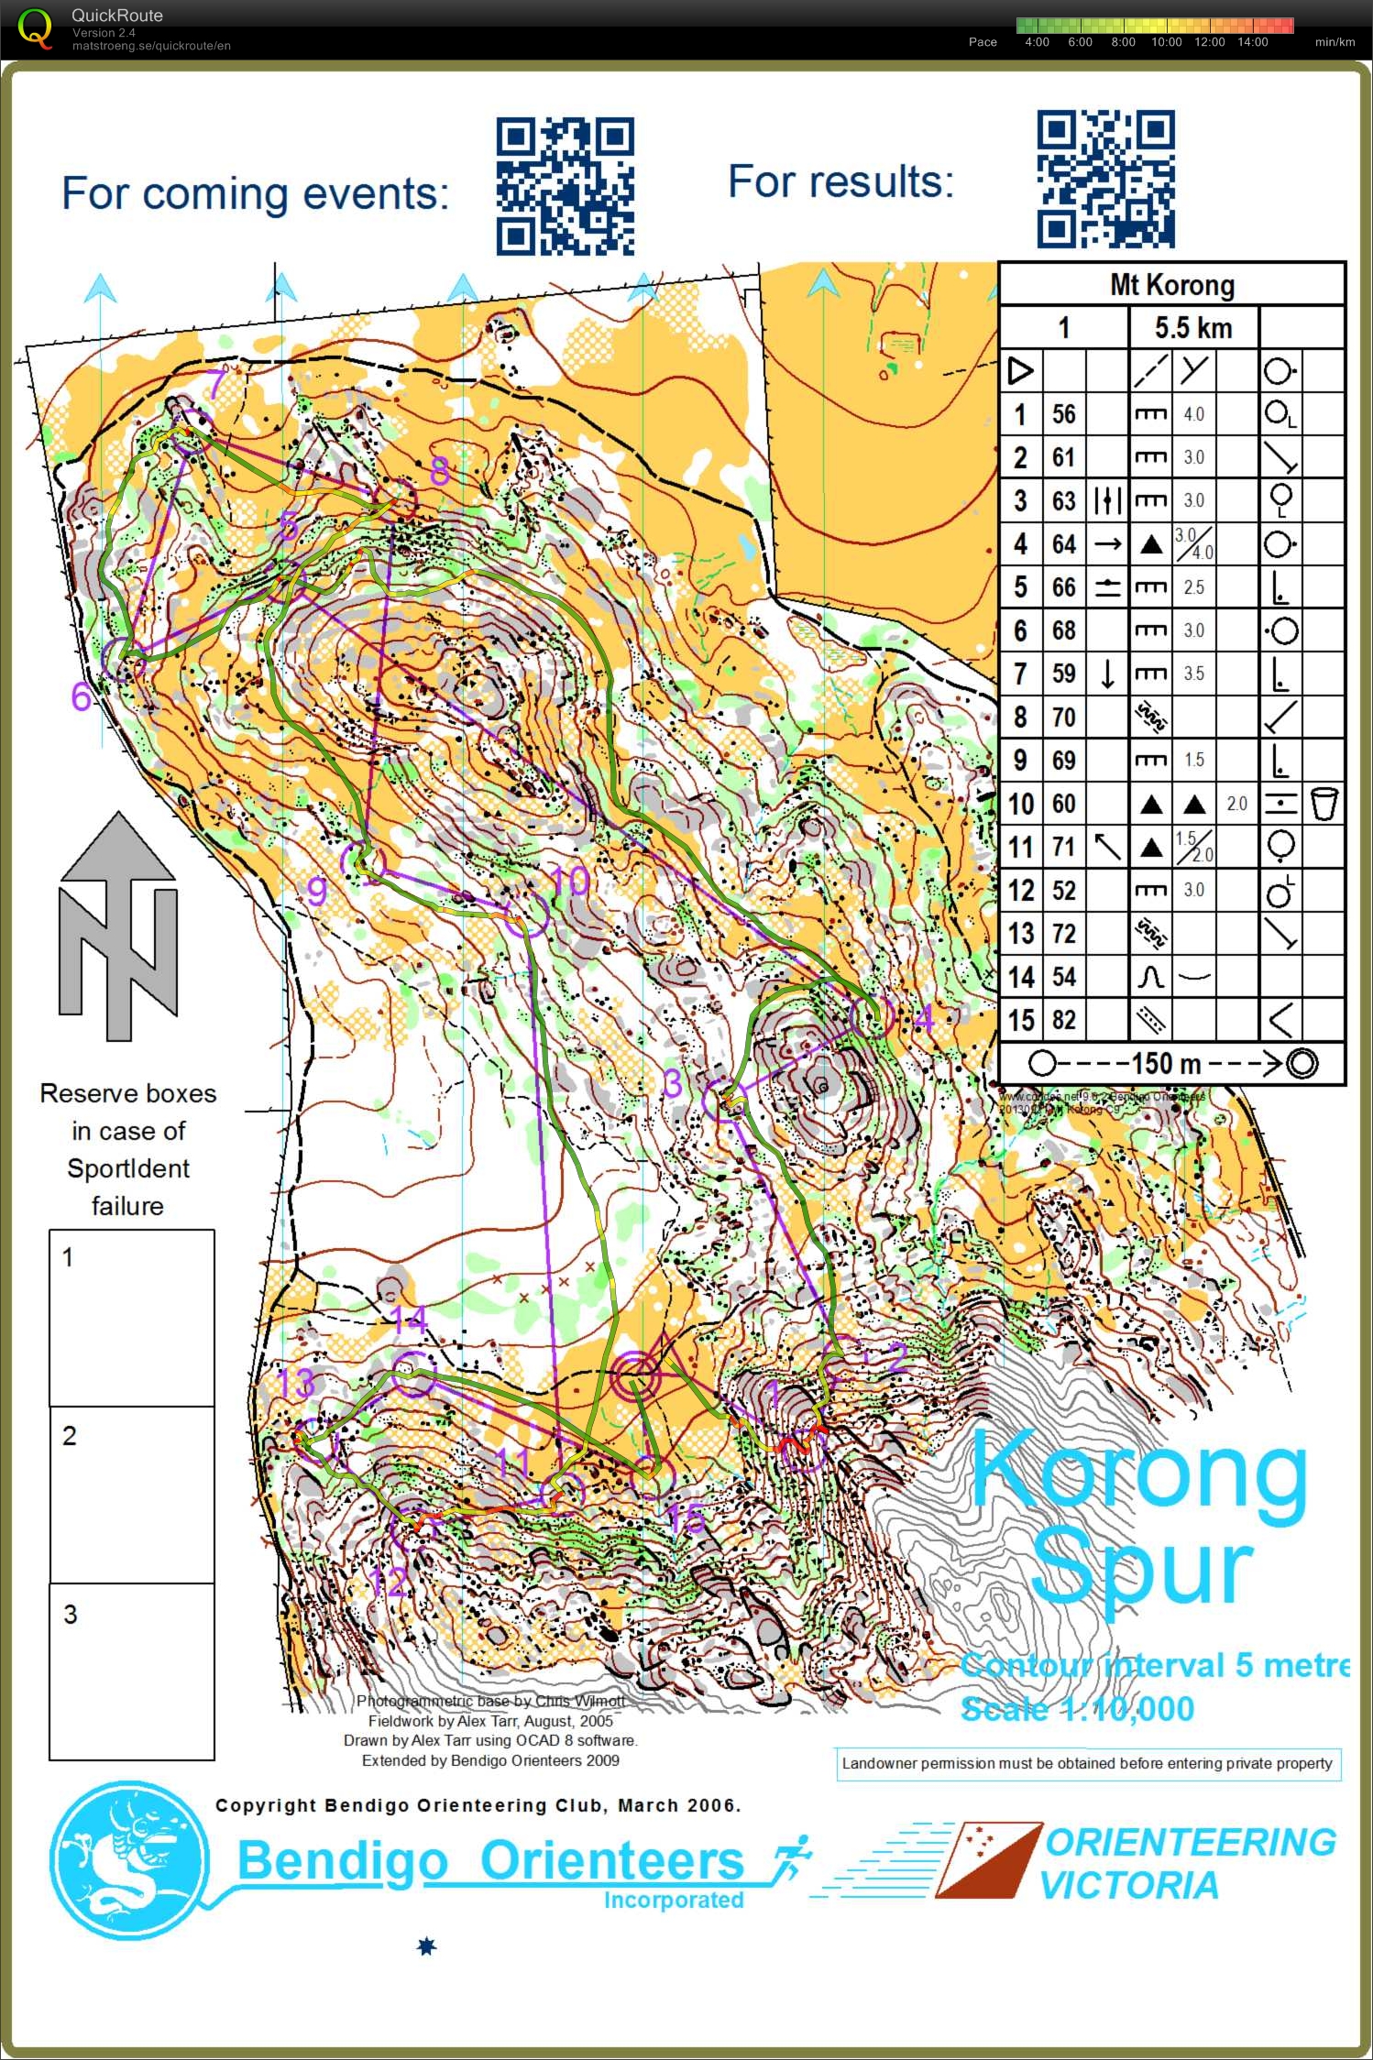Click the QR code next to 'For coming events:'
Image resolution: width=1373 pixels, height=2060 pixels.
pyautogui.click(x=565, y=186)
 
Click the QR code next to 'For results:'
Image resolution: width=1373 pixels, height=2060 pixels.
pyautogui.click(x=1105, y=180)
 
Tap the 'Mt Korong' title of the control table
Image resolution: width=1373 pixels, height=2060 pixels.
pyautogui.click(x=1171, y=285)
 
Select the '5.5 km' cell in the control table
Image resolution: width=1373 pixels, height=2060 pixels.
pyautogui.click(x=1192, y=328)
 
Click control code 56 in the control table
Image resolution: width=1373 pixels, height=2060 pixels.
pyautogui.click(x=1063, y=414)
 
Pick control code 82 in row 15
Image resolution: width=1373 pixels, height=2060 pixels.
pyautogui.click(x=1063, y=1020)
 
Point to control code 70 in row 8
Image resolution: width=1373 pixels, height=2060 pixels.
pyautogui.click(x=1063, y=717)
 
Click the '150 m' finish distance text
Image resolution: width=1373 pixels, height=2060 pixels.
pyautogui.click(x=1165, y=1064)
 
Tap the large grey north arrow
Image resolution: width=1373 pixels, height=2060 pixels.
pyautogui.click(x=118, y=926)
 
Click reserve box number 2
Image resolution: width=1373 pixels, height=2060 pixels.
pyautogui.click(x=132, y=1495)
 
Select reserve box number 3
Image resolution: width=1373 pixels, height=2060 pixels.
pyautogui.click(x=132, y=1671)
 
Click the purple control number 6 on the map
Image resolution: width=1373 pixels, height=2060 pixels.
pyautogui.click(x=81, y=697)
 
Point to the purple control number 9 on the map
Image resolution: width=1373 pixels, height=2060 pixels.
pyautogui.click(x=316, y=890)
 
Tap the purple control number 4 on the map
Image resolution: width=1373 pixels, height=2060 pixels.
pyautogui.click(x=923, y=1017)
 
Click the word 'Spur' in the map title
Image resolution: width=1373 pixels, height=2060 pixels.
pyautogui.click(x=1141, y=1570)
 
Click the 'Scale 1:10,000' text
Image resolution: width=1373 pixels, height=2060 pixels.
pyautogui.click(x=1077, y=1709)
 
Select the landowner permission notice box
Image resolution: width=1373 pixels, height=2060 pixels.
pyautogui.click(x=1088, y=1763)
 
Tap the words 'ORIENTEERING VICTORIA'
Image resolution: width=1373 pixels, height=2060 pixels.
pyautogui.click(x=1188, y=1863)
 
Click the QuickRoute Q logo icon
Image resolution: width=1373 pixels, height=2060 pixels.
pyautogui.click(x=35, y=28)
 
